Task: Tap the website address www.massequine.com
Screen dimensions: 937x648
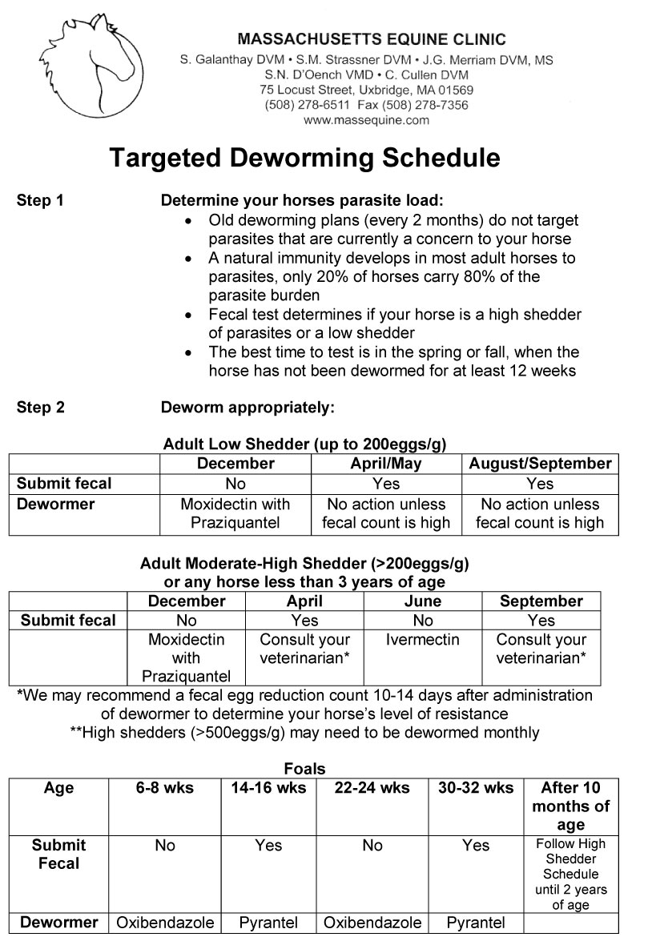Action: pos(366,120)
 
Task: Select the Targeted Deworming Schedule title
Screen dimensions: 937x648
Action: pos(304,158)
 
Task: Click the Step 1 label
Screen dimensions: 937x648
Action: pos(40,201)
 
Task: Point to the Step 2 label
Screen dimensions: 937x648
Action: pos(40,408)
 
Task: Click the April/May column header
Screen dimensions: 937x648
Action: pos(385,464)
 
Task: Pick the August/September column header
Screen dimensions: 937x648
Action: pos(540,464)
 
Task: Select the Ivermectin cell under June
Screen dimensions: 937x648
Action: pos(423,640)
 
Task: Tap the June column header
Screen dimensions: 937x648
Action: pos(423,601)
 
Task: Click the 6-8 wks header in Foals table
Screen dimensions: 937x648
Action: pos(165,788)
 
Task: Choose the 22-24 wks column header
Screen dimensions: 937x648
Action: pos(372,788)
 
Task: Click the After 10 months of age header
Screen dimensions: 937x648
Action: pos(570,806)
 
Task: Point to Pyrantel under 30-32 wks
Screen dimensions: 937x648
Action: pos(476,923)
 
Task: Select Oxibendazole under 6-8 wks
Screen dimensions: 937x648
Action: pos(165,923)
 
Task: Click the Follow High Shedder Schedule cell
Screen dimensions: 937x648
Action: pos(570,874)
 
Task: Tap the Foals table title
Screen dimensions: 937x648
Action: pos(304,769)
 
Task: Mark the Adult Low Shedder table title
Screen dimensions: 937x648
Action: pos(304,444)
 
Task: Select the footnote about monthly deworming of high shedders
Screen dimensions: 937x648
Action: pos(304,732)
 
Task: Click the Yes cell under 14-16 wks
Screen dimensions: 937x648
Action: pos(268,846)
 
